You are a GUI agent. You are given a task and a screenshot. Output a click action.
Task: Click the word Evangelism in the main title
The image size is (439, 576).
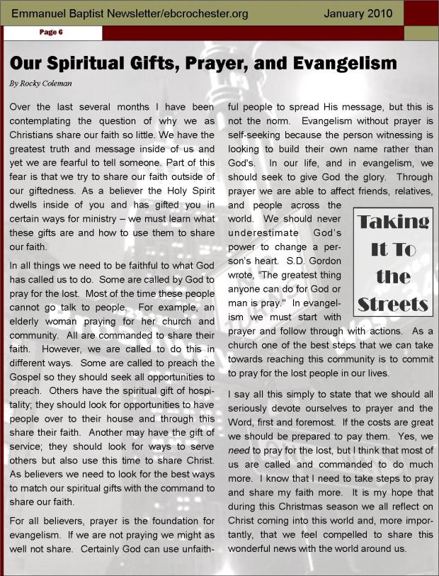pyautogui.click(x=346, y=64)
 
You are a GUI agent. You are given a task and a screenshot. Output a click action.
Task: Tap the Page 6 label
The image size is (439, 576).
pyautogui.click(x=51, y=33)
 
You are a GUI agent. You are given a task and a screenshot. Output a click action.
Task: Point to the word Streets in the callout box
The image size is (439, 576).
pyautogui.click(x=393, y=305)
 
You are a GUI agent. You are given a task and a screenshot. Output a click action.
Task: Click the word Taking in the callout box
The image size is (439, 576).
pyautogui.click(x=393, y=222)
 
